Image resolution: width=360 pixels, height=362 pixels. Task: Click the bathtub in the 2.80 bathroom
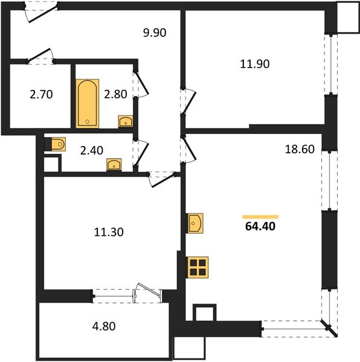(88, 103)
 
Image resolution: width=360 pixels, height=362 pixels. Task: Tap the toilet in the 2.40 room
(58, 144)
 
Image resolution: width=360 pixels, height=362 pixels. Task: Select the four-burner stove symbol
(198, 266)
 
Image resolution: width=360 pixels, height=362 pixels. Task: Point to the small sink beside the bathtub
(126, 122)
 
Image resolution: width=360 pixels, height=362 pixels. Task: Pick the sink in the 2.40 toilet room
(114, 165)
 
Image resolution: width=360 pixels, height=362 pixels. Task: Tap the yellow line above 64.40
(260, 215)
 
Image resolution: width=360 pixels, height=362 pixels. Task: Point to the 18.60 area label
(299, 149)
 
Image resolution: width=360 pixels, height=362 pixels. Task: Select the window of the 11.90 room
(330, 64)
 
